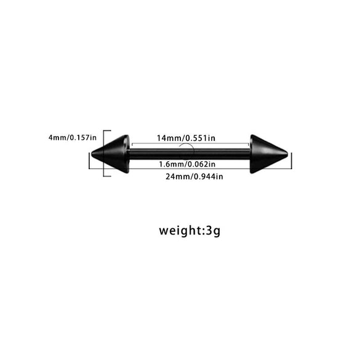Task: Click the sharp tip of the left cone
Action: coord(92,154)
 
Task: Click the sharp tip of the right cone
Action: coord(287,154)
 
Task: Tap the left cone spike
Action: coord(110,154)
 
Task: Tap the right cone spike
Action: coord(269,154)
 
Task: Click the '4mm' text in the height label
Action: coord(58,137)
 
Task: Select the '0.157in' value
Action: coord(83,137)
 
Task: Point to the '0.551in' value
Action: coord(200,138)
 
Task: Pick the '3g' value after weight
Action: coord(214,231)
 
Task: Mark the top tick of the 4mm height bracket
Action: coord(107,130)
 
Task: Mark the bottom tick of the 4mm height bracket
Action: coord(107,176)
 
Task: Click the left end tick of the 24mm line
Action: coord(89,161)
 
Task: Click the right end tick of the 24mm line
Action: coord(291,161)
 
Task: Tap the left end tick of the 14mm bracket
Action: coord(132,145)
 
